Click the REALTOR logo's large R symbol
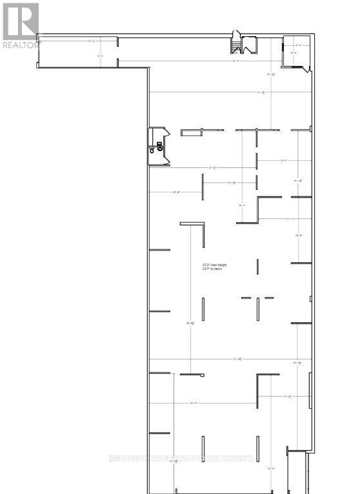pyautogui.click(x=20, y=21)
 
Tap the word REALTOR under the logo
pyautogui.click(x=20, y=45)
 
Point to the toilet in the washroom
pyautogui.click(x=153, y=150)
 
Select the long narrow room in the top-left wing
pyautogui.click(x=78, y=50)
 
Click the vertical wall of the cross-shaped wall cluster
pyautogui.click(x=257, y=307)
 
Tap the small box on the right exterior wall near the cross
pyautogui.click(x=311, y=300)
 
